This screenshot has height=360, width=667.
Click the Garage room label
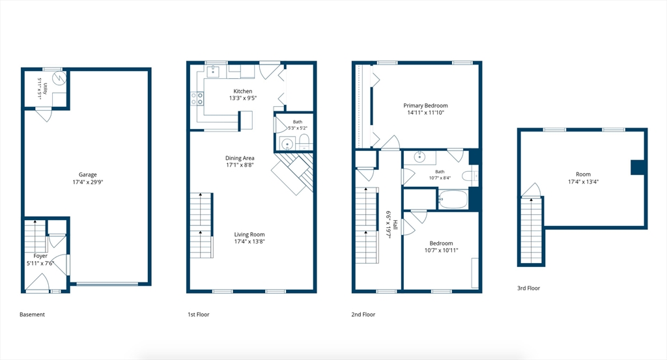[88, 174]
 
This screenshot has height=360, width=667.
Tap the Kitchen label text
[243, 91]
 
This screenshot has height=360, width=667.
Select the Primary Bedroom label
[425, 105]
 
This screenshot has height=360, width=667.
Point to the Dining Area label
[240, 158]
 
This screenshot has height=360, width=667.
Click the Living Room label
[249, 234]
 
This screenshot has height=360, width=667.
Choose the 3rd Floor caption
[528, 288]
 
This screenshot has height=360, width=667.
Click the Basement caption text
[32, 314]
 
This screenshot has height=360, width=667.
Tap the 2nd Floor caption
[363, 314]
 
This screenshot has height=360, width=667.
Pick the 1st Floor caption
[199, 314]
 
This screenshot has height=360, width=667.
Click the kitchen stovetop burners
[197, 98]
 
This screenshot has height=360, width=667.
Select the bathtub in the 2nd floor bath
[453, 199]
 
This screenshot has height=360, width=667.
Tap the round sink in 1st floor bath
[288, 144]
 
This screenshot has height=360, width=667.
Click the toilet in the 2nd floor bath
[470, 176]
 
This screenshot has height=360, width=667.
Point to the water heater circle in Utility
[59, 77]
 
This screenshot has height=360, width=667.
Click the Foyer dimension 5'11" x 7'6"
[40, 263]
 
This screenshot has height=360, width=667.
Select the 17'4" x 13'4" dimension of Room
[583, 182]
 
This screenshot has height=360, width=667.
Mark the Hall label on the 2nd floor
[395, 225]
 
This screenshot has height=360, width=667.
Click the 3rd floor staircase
[532, 231]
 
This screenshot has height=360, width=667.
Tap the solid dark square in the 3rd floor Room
[638, 167]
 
